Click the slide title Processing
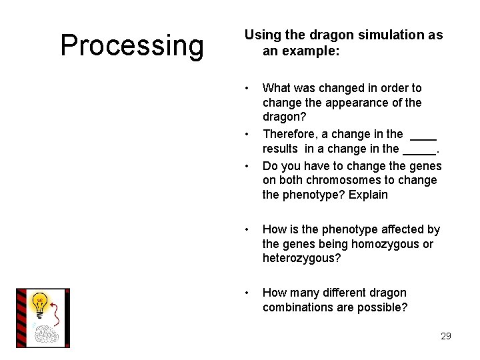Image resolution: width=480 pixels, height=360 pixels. point(132,45)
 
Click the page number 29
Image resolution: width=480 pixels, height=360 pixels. point(445,336)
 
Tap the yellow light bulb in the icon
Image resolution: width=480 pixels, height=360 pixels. point(40,303)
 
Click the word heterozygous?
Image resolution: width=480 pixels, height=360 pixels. point(301,258)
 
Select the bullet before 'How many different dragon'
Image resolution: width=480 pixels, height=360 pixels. point(247,293)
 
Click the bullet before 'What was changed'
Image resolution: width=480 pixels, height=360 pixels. point(247,88)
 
